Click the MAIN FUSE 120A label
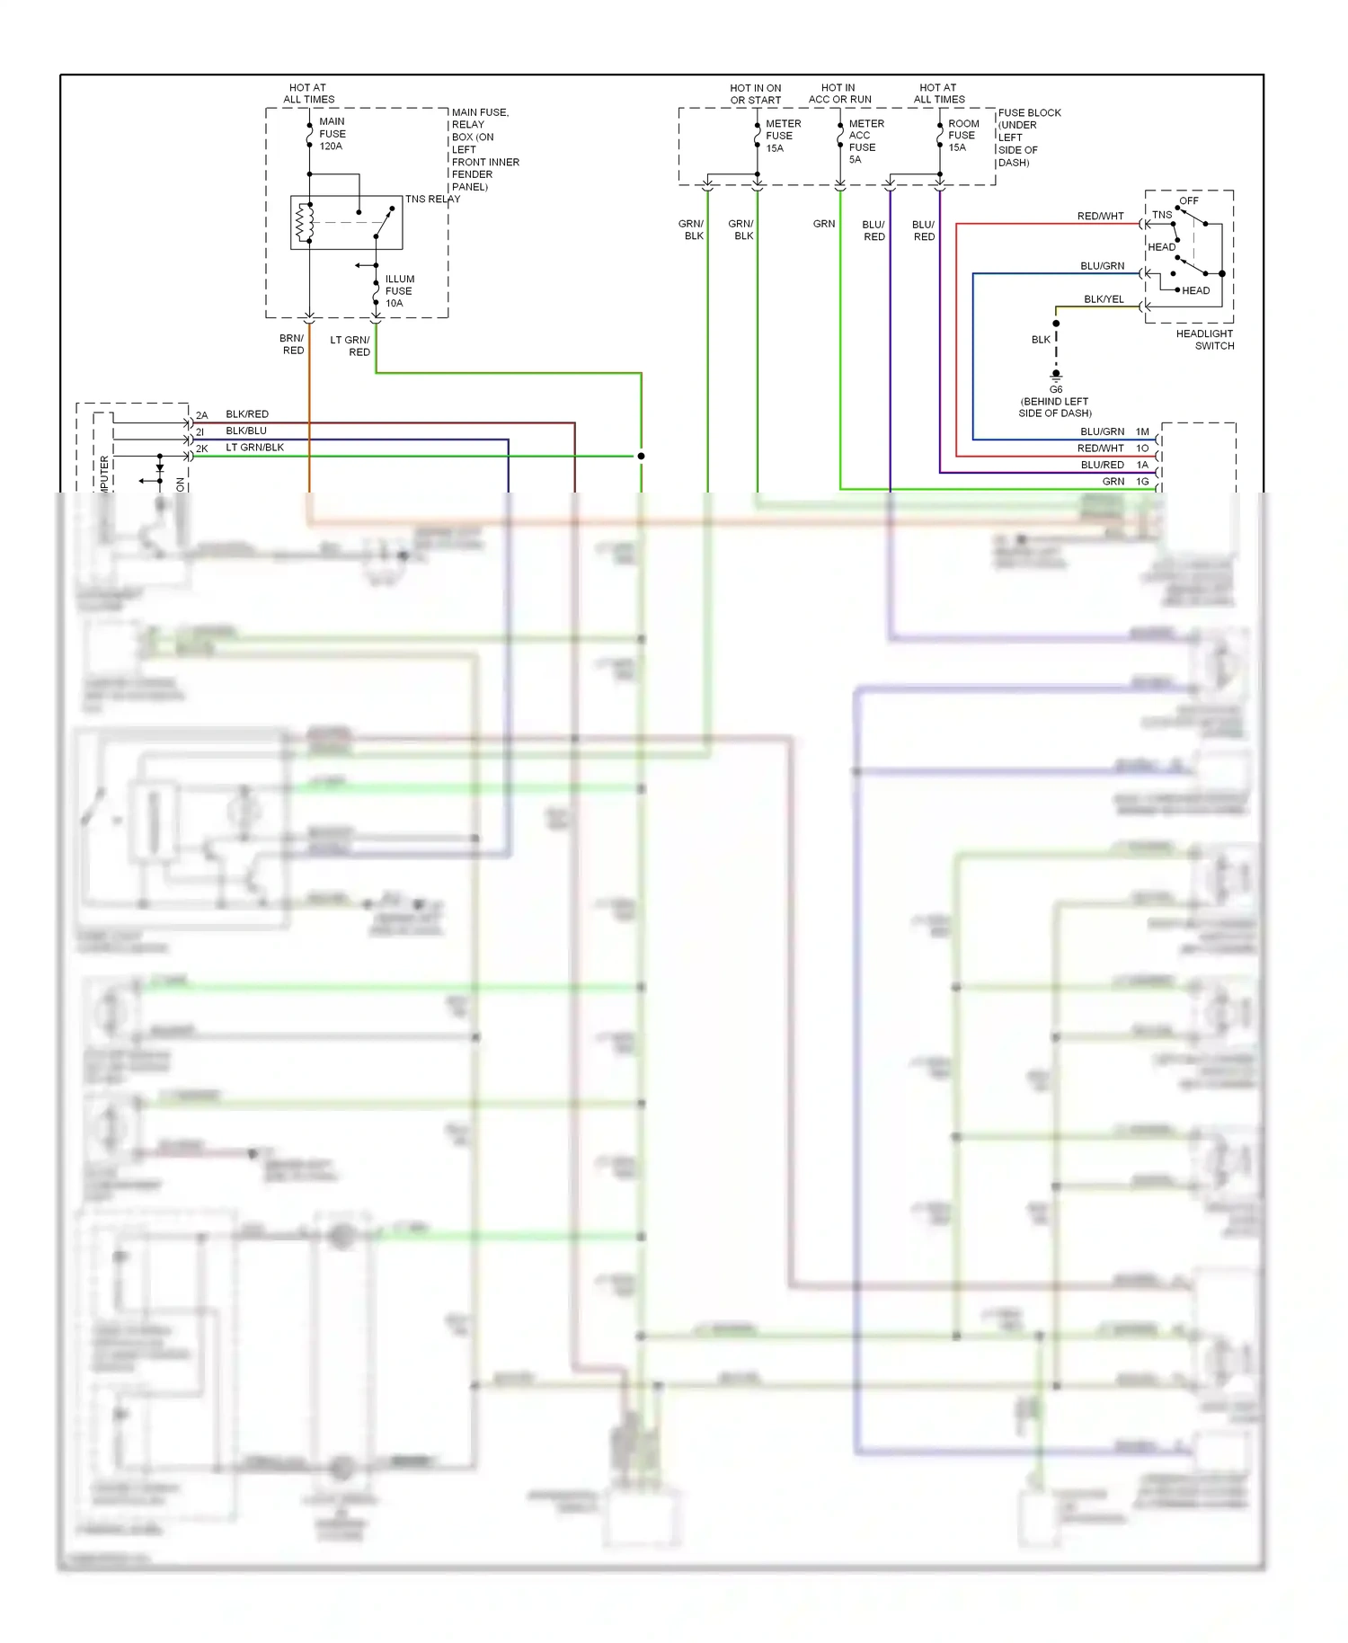[332, 134]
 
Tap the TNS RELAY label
[432, 200]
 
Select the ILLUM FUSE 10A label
[399, 291]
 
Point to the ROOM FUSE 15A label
[962, 136]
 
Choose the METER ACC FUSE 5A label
[865, 141]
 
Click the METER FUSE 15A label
[782, 136]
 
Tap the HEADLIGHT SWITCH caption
[1205, 340]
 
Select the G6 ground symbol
[1056, 376]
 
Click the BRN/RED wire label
[292, 344]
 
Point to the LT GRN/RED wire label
[350, 346]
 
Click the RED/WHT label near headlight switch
[1100, 217]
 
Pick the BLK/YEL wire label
[1103, 299]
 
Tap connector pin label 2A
[202, 415]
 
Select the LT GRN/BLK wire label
[254, 448]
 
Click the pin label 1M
[1142, 432]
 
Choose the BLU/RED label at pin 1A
[1102, 466]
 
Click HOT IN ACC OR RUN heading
[839, 93]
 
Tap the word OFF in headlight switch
[1188, 200]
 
